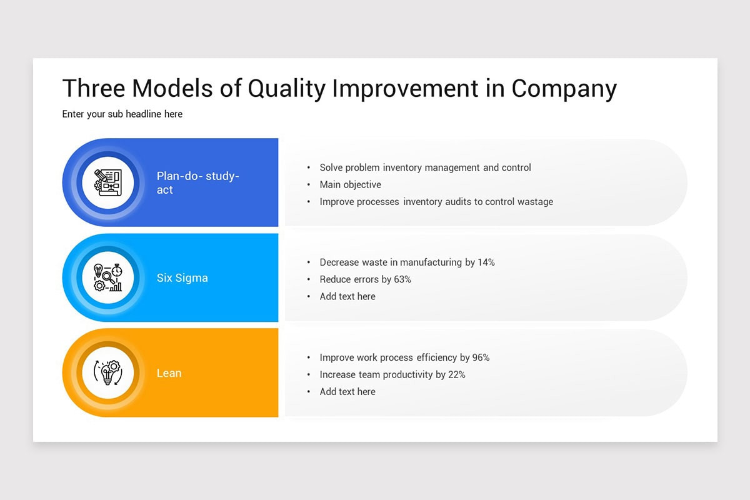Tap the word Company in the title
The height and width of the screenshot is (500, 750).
(x=564, y=89)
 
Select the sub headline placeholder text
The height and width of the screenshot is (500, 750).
(x=122, y=114)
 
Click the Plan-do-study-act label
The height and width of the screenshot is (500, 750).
(x=197, y=182)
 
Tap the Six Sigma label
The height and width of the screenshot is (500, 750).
(x=182, y=278)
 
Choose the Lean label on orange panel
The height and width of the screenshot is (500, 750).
(x=169, y=373)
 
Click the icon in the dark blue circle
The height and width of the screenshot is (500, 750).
(x=108, y=182)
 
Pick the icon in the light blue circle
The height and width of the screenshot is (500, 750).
(x=108, y=277)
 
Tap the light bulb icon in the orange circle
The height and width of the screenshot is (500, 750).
(x=108, y=373)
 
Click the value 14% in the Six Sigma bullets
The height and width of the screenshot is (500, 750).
(x=486, y=262)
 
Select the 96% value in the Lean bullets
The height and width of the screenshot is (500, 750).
(x=481, y=357)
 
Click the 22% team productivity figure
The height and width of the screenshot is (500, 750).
(x=456, y=374)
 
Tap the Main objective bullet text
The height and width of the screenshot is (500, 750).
(x=350, y=184)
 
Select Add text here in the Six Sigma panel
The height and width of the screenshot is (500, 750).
(x=347, y=296)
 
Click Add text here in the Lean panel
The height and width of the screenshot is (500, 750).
(x=347, y=392)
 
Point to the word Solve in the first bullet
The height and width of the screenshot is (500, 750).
(x=332, y=167)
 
